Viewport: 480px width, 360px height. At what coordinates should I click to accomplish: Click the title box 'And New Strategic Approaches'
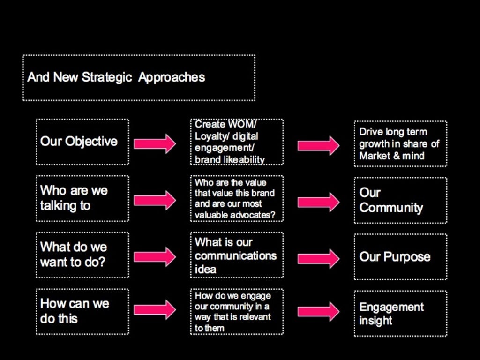click(139, 78)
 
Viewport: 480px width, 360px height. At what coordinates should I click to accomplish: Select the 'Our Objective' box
click(82, 142)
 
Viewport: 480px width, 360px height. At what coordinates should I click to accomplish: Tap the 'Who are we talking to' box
click(82, 198)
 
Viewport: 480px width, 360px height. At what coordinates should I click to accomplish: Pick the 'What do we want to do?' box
click(82, 255)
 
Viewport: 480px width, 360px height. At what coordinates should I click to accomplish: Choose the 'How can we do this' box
click(82, 311)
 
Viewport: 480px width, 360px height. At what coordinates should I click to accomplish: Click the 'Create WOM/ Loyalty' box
click(237, 142)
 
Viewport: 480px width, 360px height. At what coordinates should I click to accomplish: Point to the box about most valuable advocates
click(237, 198)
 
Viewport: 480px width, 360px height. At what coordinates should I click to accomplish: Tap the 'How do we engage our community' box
click(237, 311)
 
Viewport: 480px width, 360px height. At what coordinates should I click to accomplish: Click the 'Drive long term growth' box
click(400, 144)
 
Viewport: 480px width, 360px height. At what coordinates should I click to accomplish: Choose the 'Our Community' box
click(400, 200)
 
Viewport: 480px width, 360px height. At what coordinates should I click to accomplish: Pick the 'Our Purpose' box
click(400, 257)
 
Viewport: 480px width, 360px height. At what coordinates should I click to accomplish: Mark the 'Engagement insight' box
click(400, 314)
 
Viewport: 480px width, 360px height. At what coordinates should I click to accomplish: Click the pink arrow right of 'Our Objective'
click(155, 143)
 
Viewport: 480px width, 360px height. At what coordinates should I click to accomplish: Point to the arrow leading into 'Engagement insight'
click(318, 312)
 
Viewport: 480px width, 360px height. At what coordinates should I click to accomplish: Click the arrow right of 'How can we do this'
click(155, 309)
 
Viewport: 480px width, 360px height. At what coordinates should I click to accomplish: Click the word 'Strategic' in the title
click(107, 77)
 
